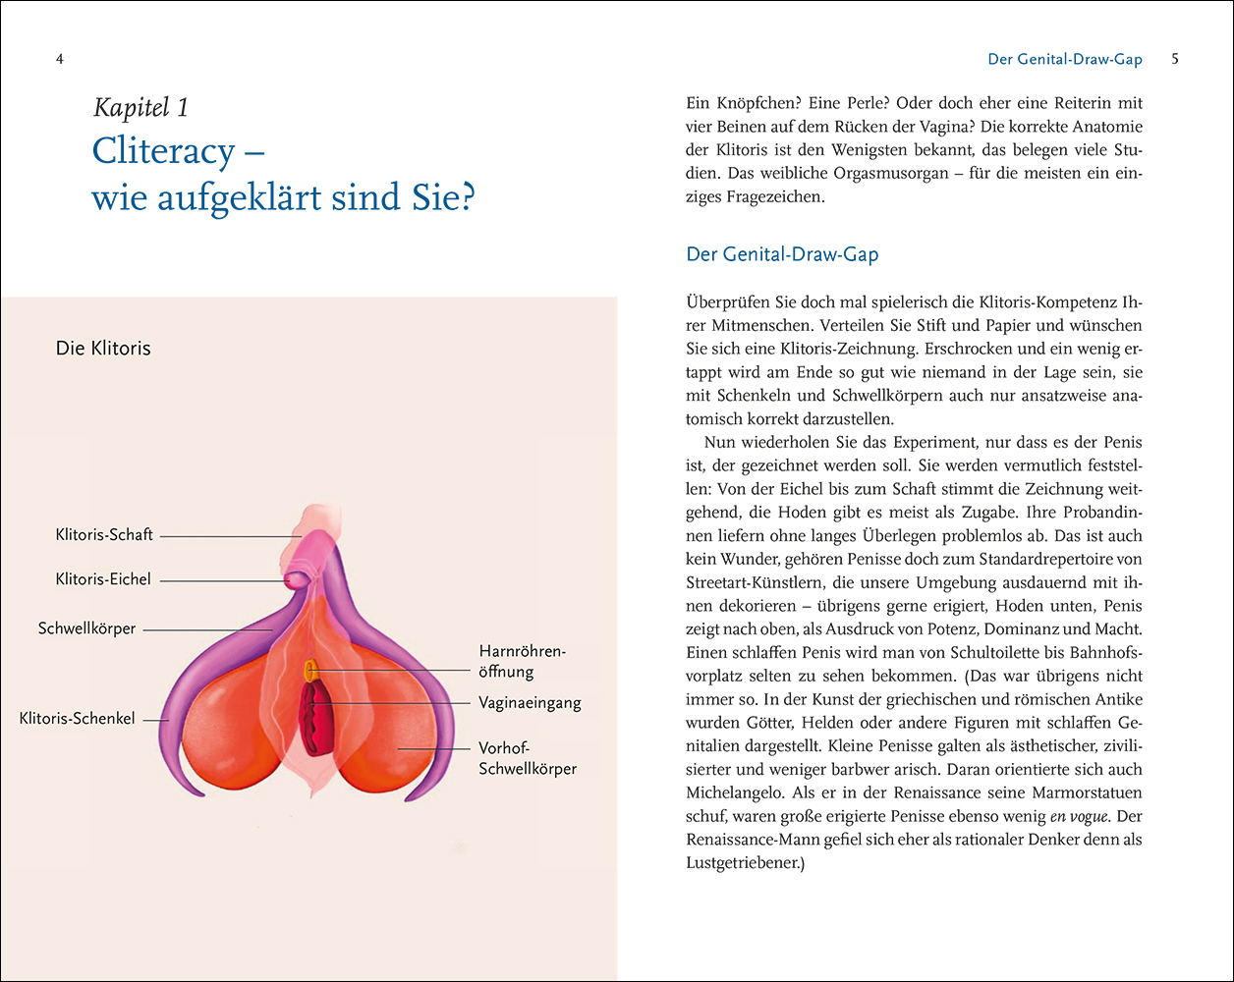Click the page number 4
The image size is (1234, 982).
coord(60,59)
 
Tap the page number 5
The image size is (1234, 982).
coord(1175,59)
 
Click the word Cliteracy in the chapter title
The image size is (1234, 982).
coord(163,151)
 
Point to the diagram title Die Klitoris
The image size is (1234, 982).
coord(103,348)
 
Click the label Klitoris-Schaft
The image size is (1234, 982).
coord(104,535)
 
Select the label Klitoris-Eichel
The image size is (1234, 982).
coord(103,579)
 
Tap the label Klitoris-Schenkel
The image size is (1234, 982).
coord(78,719)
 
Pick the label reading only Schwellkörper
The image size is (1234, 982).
coord(86,627)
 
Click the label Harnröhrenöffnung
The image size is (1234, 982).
coord(524,661)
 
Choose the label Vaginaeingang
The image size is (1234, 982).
coord(530,703)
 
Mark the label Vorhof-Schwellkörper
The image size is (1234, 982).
coord(528,758)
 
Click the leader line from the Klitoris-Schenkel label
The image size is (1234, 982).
coord(155,720)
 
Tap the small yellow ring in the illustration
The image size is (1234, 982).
coord(309,670)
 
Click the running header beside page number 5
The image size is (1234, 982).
coord(1065,59)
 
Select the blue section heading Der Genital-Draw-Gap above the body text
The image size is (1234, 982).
coord(782,254)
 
